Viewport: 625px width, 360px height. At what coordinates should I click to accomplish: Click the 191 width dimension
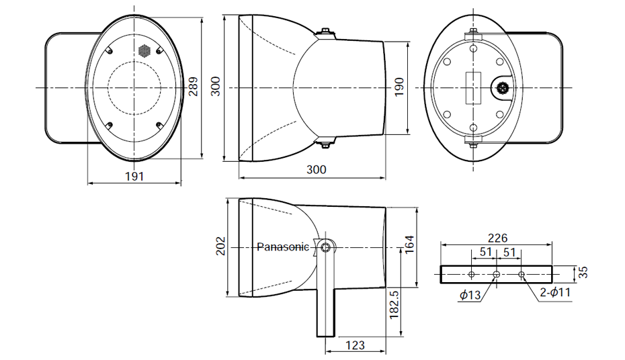[x=134, y=176]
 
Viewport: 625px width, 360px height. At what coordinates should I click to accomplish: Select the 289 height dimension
[x=194, y=87]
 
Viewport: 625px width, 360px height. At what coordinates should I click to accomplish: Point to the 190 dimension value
[x=399, y=87]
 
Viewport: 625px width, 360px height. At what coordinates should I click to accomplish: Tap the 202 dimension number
[x=220, y=246]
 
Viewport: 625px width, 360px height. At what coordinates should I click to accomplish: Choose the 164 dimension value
[x=409, y=244]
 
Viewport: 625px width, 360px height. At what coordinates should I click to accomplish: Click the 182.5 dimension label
[x=394, y=304]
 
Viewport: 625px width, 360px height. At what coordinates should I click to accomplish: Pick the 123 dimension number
[x=355, y=345]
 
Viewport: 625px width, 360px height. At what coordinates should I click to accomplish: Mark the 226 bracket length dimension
[x=498, y=238]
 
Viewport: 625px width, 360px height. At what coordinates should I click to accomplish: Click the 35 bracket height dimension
[x=583, y=273]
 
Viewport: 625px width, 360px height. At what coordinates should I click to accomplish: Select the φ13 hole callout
[x=470, y=295]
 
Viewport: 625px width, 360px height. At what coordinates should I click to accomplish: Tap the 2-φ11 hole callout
[x=555, y=292]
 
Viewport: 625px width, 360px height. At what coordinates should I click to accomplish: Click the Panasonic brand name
[x=283, y=247]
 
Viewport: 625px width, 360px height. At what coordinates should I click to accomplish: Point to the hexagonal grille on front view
[x=144, y=50]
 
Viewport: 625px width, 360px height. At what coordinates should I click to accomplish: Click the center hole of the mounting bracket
[x=496, y=274]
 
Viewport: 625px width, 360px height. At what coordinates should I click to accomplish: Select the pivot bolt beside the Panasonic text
[x=326, y=247]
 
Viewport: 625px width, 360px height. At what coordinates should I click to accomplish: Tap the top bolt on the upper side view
[x=325, y=32]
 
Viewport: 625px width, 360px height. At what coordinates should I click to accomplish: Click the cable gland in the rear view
[x=501, y=87]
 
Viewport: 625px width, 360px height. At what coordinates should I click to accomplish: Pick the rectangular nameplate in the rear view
[x=472, y=87]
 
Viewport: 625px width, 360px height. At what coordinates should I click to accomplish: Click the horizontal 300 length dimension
[x=316, y=170]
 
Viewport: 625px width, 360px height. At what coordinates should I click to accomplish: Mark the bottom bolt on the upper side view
[x=325, y=143]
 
